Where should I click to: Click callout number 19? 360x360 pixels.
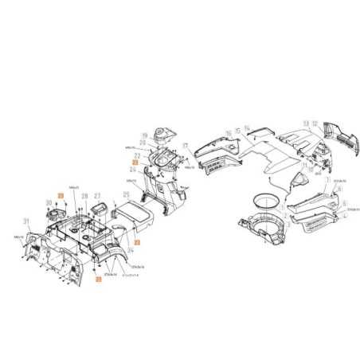click(143, 135)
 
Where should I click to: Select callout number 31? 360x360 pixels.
click(26, 221)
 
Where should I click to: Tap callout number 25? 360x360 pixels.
click(127, 194)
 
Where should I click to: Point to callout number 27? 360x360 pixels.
click(97, 195)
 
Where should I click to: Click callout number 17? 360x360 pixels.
click(185, 146)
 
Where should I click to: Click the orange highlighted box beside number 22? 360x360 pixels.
click(135, 162)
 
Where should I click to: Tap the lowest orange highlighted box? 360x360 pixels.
click(98, 280)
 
